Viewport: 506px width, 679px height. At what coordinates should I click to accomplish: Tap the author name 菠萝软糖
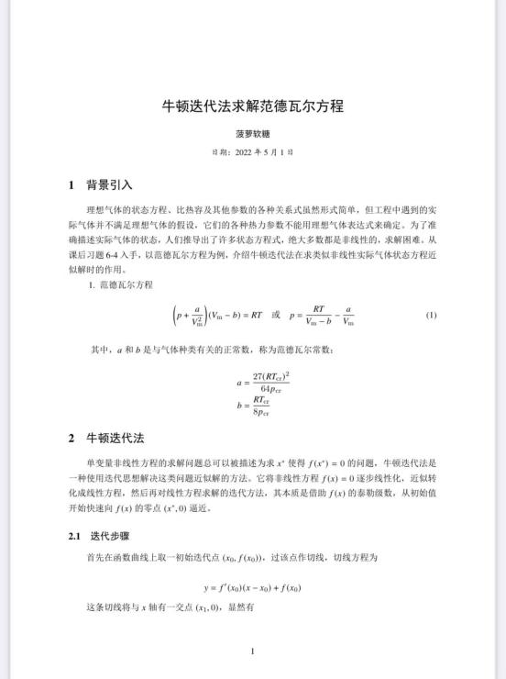pyautogui.click(x=252, y=133)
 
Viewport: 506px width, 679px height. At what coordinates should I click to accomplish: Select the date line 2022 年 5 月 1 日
pyautogui.click(x=252, y=152)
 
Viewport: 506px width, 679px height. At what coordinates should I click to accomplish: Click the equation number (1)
pyautogui.click(x=431, y=316)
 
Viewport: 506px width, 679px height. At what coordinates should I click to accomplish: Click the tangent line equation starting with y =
pyautogui.click(x=252, y=586)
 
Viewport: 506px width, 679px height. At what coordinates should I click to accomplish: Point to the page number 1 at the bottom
pyautogui.click(x=252, y=651)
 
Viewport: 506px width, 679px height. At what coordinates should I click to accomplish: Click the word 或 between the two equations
pyautogui.click(x=274, y=316)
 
